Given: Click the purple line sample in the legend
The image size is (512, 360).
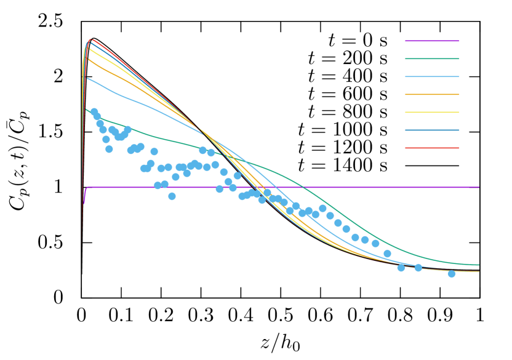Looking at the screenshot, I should pyautogui.click(x=431, y=41).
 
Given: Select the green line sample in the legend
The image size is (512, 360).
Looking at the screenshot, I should pyautogui.click(x=431, y=58).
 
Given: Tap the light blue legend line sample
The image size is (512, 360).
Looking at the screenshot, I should pyautogui.click(x=431, y=76).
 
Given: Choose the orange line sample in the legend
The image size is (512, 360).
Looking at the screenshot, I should pyautogui.click(x=431, y=94).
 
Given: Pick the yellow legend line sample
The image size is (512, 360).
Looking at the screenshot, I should pyautogui.click(x=431, y=112).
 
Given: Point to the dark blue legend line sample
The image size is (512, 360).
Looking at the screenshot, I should pyautogui.click(x=431, y=130).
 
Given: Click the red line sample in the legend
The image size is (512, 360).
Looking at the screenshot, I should pyautogui.click(x=431, y=148).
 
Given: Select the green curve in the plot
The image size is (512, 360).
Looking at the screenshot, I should pyautogui.click(x=154, y=135).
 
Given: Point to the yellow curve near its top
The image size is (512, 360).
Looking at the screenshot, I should pyautogui.click(x=98, y=54).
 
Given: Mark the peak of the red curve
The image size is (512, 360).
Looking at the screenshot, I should pyautogui.click(x=91, y=39).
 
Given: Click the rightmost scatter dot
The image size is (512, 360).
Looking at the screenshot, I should pyautogui.click(x=451, y=273).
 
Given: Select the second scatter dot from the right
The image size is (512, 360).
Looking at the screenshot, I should pyautogui.click(x=418, y=268).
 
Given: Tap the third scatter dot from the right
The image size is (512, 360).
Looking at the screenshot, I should pyautogui.click(x=401, y=267).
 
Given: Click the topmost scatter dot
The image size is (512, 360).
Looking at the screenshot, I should pyautogui.click(x=94, y=111).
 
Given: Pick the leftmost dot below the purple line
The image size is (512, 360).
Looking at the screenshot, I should pyautogui.click(x=172, y=196).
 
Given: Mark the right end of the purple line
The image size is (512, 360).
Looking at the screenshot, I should pyautogui.click(x=478, y=187).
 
